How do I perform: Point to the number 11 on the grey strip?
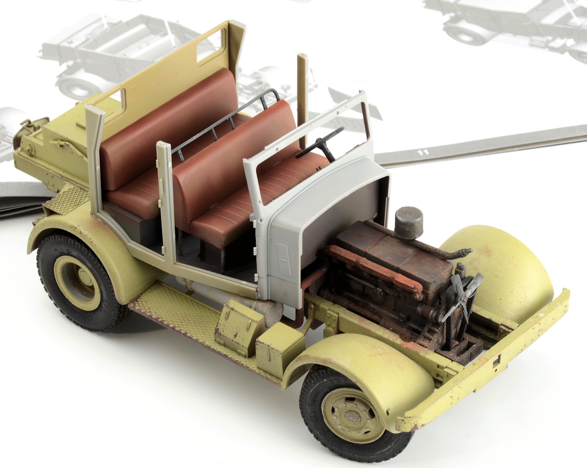424,152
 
